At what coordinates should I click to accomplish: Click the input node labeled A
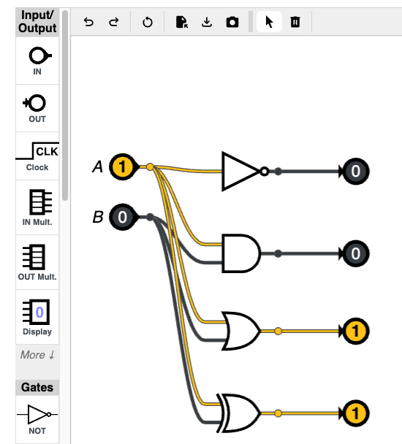[123, 166]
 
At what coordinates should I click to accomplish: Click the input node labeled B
[123, 217]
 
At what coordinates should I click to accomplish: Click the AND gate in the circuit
[241, 253]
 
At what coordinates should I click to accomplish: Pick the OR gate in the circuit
[241, 331]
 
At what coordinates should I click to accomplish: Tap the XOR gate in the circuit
[240, 413]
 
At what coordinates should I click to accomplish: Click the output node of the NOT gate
[355, 172]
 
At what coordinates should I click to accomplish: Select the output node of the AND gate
[355, 253]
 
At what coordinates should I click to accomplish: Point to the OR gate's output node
[355, 331]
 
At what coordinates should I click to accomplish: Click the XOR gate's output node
[355, 413]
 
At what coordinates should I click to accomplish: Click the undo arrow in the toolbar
[88, 22]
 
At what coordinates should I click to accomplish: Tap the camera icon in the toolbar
[232, 22]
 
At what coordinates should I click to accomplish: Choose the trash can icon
[295, 22]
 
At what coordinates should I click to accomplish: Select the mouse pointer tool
[269, 22]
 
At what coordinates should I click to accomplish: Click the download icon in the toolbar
[207, 22]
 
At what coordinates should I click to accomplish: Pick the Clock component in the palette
[37, 156]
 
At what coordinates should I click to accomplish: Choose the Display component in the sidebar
[37, 317]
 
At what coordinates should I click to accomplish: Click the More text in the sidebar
[37, 355]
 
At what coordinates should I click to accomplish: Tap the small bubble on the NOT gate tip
[264, 172]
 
